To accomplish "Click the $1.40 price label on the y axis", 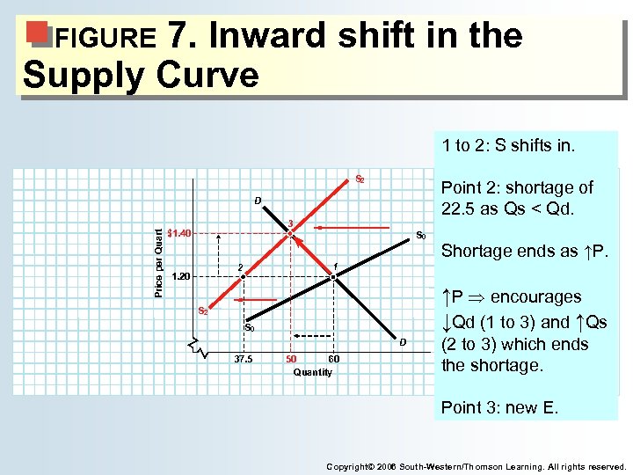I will pyautogui.click(x=180, y=233).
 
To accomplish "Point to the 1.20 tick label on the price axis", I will pyautogui.click(x=181, y=276).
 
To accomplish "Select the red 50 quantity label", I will pyautogui.click(x=292, y=359).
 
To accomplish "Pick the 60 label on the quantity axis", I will pyautogui.click(x=333, y=359).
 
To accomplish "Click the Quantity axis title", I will pyautogui.click(x=313, y=372).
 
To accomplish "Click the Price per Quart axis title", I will pyautogui.click(x=159, y=262).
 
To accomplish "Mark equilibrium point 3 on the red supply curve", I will pyautogui.click(x=290, y=233).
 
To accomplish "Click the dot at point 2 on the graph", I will pyautogui.click(x=244, y=277).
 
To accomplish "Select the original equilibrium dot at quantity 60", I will pyautogui.click(x=333, y=277).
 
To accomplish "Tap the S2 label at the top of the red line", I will pyautogui.click(x=360, y=179).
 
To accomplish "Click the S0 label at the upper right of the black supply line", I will pyautogui.click(x=421, y=236).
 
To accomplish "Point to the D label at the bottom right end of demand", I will pyautogui.click(x=403, y=341).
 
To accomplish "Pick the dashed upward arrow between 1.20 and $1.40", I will pyautogui.click(x=219, y=255).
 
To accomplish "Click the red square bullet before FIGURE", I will pyautogui.click(x=37, y=33).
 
